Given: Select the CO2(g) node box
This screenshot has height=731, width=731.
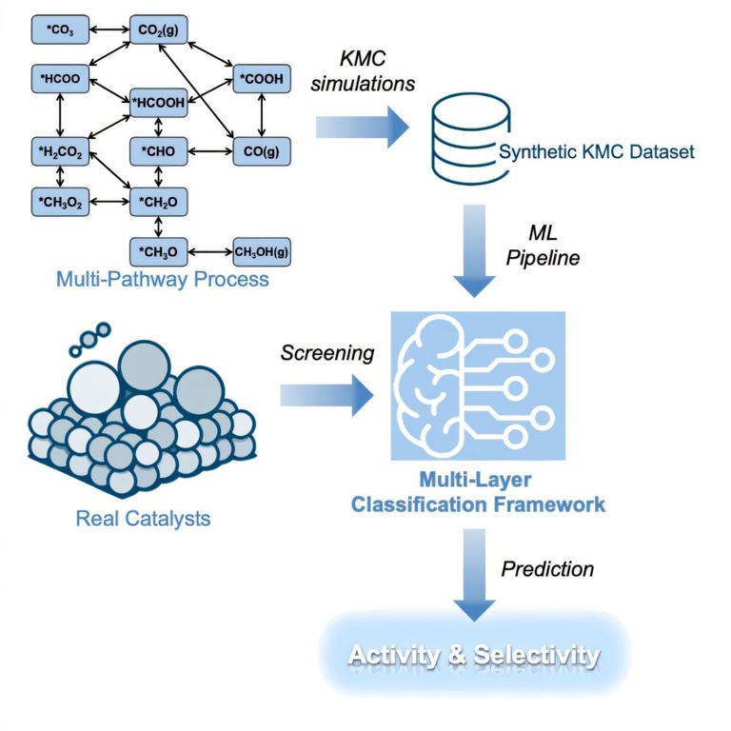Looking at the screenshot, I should point(161,30).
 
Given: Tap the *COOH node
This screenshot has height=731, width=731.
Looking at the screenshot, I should point(261,79).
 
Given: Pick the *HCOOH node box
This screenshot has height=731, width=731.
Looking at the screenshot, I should point(161,103).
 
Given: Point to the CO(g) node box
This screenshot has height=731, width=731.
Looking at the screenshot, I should point(261,150).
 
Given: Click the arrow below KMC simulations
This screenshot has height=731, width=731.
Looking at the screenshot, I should point(363,127).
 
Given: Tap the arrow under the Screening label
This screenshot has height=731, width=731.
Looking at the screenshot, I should point(325,392).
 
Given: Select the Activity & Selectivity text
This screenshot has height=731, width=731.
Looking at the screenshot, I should point(473,655).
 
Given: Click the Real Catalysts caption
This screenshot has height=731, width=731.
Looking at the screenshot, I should point(142,519).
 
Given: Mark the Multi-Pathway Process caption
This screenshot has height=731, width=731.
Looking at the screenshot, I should point(162,279).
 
